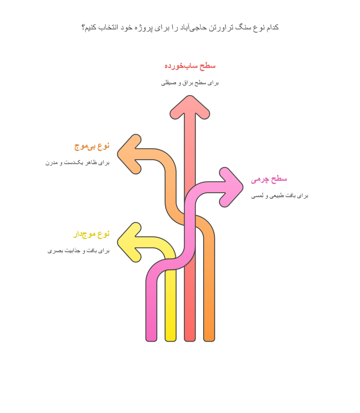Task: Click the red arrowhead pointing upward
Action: point(189,107)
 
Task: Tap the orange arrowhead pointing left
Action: point(129,154)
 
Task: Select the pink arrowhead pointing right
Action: point(231,187)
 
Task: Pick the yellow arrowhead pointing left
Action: point(129,242)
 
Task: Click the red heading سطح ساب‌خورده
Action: point(190,66)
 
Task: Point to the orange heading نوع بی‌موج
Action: point(92,146)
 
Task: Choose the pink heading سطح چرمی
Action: point(269,179)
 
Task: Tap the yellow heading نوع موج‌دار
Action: point(91,234)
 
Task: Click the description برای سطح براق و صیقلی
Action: point(190,83)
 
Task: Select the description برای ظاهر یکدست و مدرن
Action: point(77,163)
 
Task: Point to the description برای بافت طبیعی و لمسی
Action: point(279,196)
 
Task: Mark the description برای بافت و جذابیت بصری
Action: point(79,251)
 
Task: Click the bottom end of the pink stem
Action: point(151,341)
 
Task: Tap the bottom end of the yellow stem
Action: point(171,341)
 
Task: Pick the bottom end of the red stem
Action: point(189,341)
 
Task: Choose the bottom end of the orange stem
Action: point(209,341)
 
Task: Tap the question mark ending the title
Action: point(83,27)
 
